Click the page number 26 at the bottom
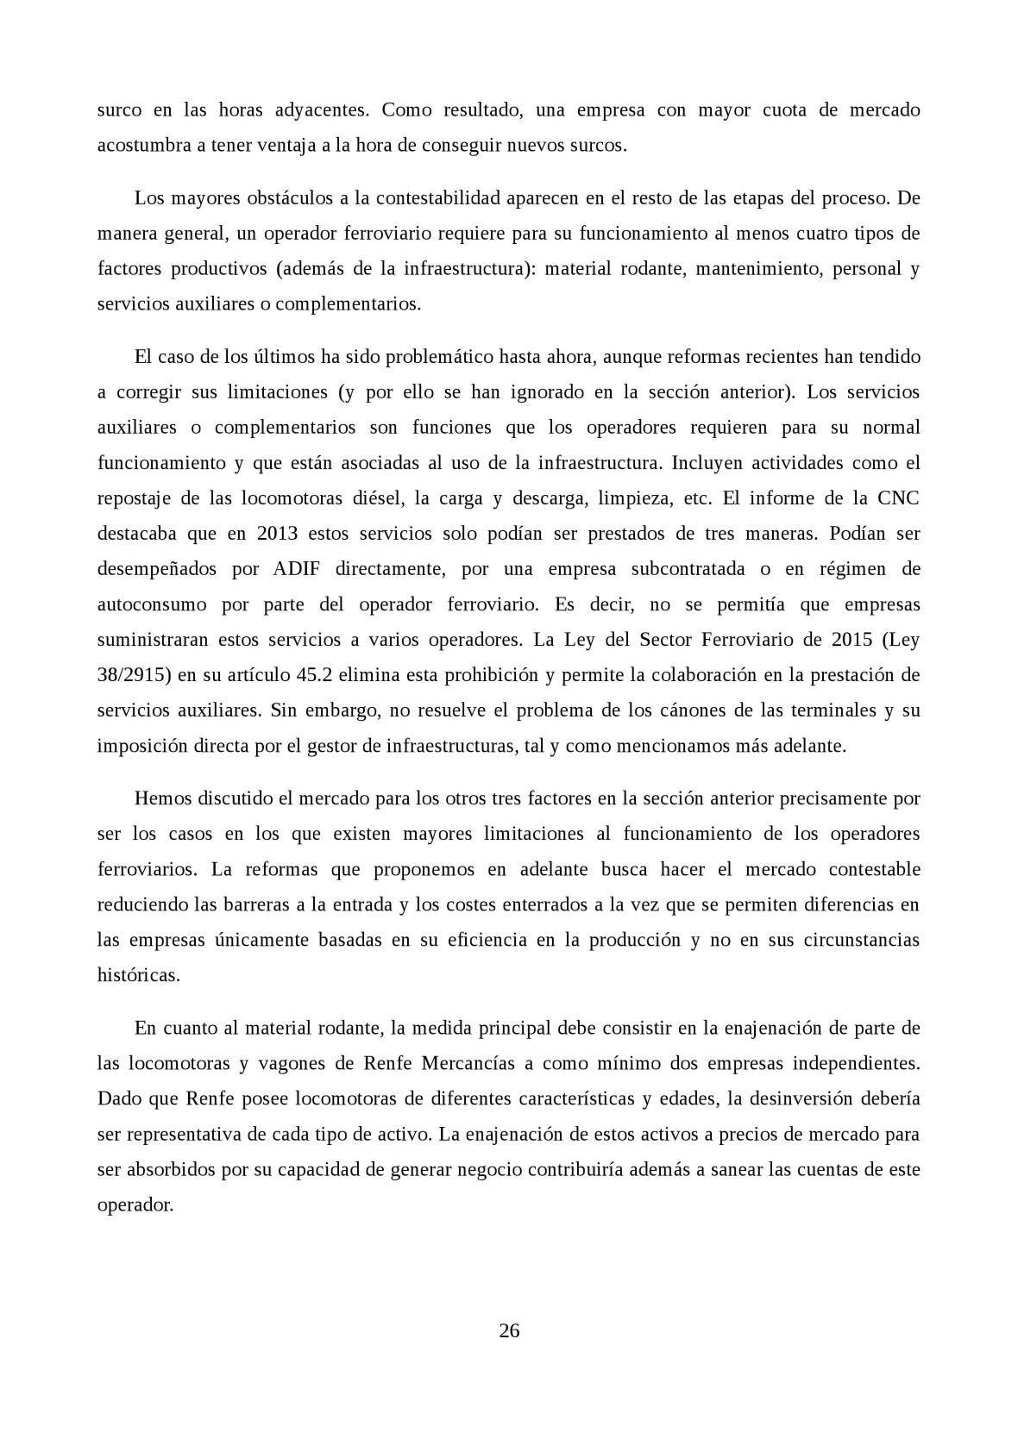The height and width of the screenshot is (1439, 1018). tap(509, 1330)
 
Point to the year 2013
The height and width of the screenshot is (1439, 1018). tap(277, 534)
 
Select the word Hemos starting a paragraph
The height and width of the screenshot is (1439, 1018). tap(163, 798)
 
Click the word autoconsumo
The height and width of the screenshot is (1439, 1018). tap(152, 604)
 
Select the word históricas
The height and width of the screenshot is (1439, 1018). tap(139, 975)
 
